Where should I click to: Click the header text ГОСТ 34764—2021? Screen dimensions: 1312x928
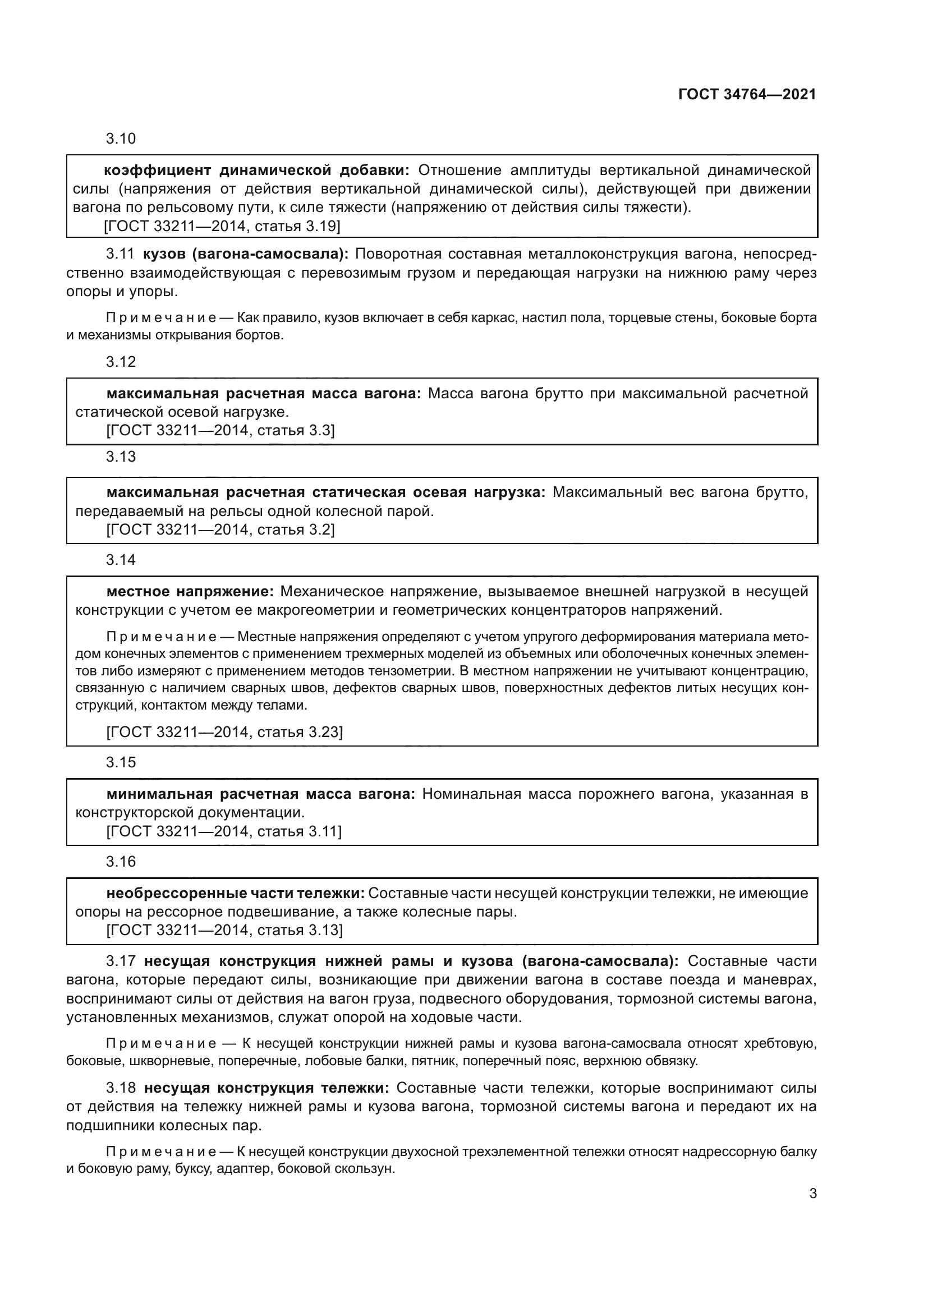pyautogui.click(x=747, y=95)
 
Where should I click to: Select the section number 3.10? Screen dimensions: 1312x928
pyautogui.click(x=121, y=139)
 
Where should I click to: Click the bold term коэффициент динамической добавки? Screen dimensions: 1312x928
pyautogui.click(x=256, y=171)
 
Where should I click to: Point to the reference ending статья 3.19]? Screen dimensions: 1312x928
pyautogui.click(x=222, y=226)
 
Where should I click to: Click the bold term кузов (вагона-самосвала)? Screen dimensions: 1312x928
pyautogui.click(x=246, y=254)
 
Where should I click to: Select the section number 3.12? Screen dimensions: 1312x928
pyautogui.click(x=121, y=362)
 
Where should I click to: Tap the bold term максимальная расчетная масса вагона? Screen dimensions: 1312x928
pyautogui.click(x=264, y=394)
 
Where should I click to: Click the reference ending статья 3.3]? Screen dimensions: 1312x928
pyautogui.click(x=220, y=430)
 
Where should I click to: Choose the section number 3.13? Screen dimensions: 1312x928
pyautogui.click(x=121, y=457)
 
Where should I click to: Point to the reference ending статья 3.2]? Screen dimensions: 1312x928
pyautogui.click(x=220, y=530)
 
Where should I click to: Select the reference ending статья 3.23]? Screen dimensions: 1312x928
pyautogui.click(x=224, y=732)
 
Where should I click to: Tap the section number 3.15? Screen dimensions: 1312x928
pyautogui.click(x=121, y=763)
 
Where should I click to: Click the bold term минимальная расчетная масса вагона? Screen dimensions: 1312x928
pyautogui.click(x=260, y=794)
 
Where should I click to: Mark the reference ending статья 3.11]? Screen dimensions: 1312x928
pyautogui.click(x=224, y=831)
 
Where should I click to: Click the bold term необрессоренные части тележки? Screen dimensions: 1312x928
pyautogui.click(x=235, y=893)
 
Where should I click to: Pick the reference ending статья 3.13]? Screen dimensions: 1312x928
pyautogui.click(x=224, y=930)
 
